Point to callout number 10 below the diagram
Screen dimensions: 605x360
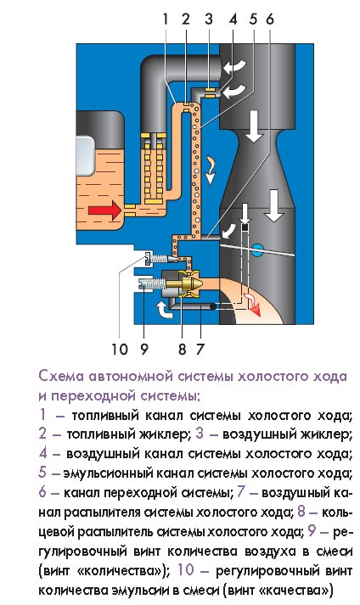pos(118,347)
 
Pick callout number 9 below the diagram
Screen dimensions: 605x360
pos(144,347)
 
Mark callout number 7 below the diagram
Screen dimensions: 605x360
pos(200,347)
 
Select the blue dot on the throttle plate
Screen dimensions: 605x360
pos(257,249)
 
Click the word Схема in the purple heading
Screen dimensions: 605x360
pos(62,376)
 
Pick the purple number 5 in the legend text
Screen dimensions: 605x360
pos(42,473)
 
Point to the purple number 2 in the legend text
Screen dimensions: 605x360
pos(42,434)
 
